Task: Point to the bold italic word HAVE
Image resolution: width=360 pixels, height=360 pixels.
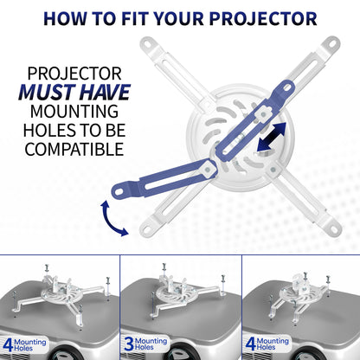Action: click(108, 94)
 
